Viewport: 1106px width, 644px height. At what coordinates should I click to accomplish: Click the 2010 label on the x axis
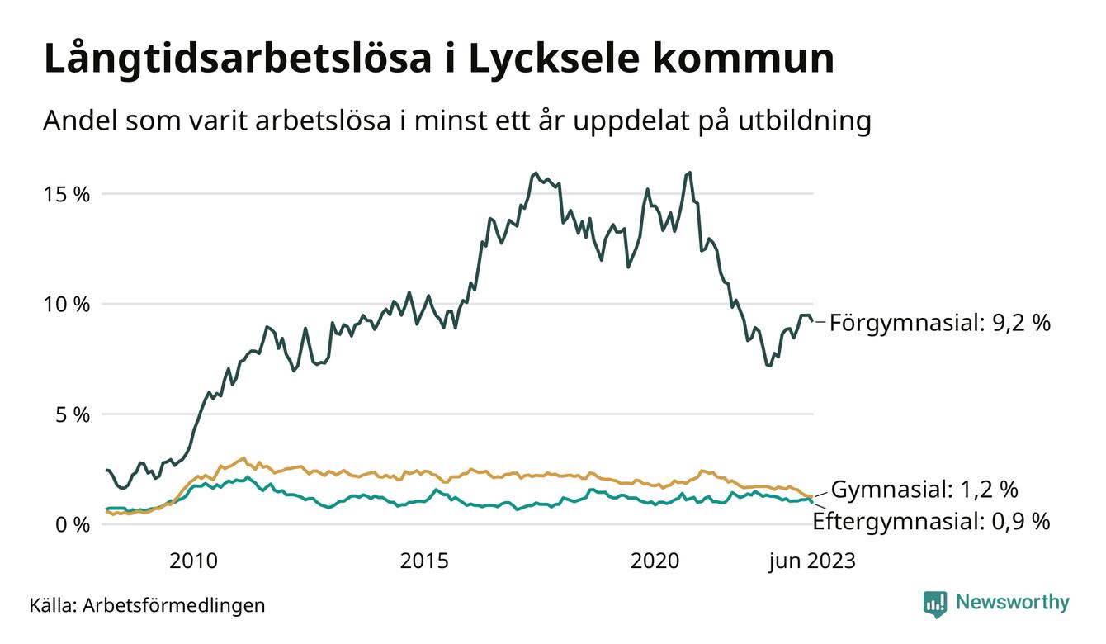click(193, 561)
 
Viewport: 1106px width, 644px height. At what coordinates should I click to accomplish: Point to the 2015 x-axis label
click(424, 561)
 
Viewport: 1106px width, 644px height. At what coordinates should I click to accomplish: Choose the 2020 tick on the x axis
click(655, 561)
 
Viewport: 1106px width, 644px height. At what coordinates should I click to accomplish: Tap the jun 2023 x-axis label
click(812, 561)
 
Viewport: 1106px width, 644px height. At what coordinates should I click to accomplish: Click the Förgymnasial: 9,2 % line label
click(940, 322)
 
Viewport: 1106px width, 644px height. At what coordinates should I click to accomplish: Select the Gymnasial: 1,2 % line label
click(924, 490)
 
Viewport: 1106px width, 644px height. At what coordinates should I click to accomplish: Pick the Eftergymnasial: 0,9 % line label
click(931, 521)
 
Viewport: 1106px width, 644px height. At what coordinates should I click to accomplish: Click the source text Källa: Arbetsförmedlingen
click(148, 605)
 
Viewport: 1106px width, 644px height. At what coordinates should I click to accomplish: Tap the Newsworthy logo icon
click(934, 604)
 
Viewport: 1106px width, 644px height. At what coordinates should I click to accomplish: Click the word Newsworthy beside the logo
click(1012, 603)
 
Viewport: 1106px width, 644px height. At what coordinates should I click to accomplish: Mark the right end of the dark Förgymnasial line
click(813, 321)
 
